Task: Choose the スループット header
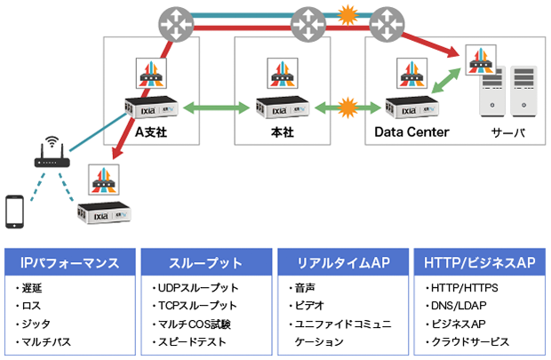tap(206, 263)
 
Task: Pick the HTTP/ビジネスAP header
tap(479, 263)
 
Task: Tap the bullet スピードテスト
tap(196, 341)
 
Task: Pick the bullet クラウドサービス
tap(471, 341)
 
